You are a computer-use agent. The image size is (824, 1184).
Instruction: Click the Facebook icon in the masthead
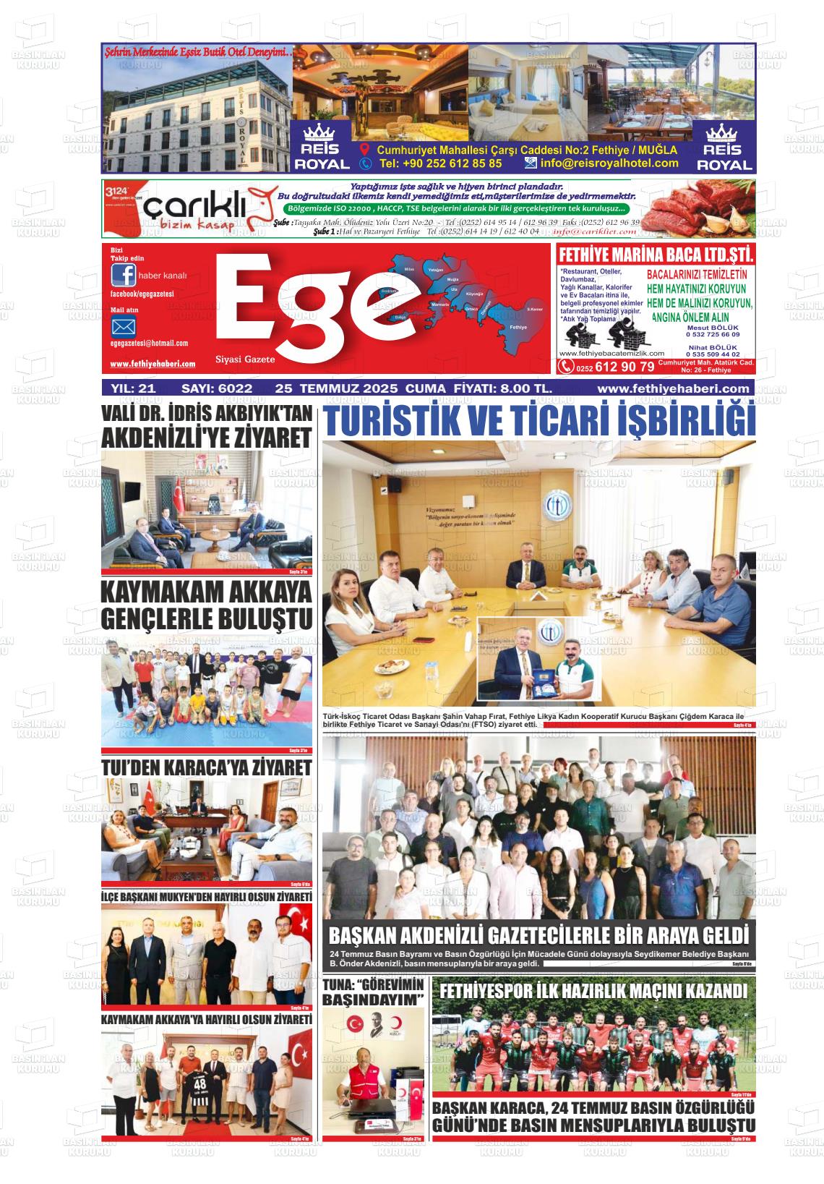[x=123, y=276]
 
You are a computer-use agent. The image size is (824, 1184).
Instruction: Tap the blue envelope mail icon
[x=123, y=326]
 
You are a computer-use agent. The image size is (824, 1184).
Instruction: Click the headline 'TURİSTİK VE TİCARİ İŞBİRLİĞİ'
[x=538, y=421]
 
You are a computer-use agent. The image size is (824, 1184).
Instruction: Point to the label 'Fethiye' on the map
[x=518, y=327]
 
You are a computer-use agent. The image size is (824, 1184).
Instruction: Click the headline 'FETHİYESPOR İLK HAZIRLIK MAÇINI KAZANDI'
[x=593, y=990]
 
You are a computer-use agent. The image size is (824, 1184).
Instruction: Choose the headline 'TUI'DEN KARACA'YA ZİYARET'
[x=207, y=767]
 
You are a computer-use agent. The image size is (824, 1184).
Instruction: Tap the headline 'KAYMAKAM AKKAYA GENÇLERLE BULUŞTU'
[x=207, y=605]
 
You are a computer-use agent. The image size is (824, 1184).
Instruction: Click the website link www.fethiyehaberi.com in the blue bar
[x=673, y=388]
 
